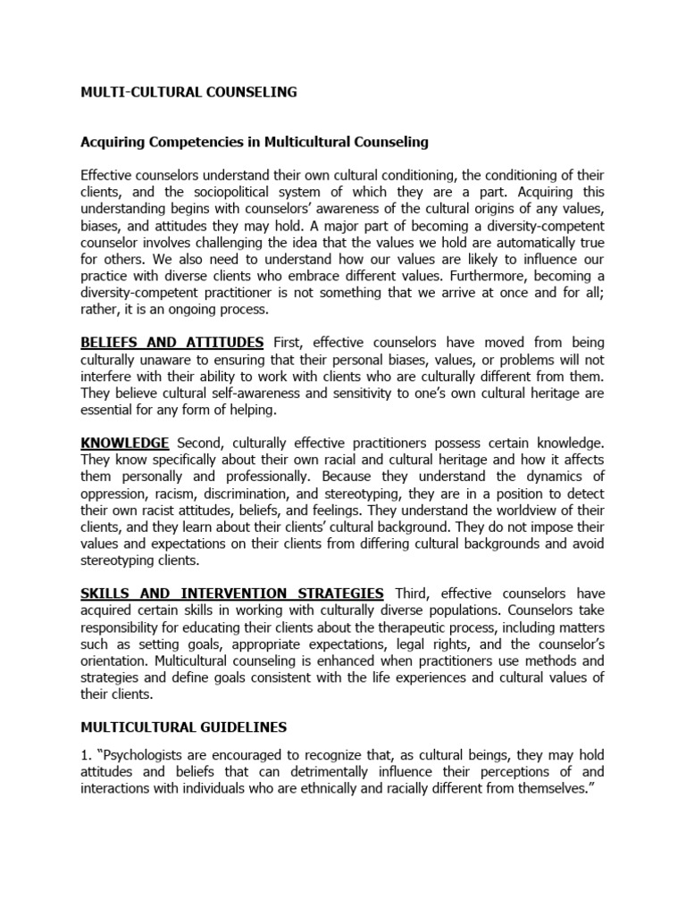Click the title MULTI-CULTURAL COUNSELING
(x=188, y=92)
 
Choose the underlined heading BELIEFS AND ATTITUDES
(x=172, y=343)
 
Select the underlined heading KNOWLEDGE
(x=125, y=444)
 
